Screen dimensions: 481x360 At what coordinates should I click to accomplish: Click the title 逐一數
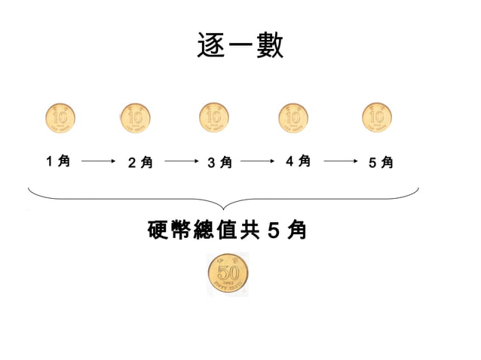click(x=240, y=46)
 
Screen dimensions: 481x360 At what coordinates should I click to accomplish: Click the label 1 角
click(x=58, y=160)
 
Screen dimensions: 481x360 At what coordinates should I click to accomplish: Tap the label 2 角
click(x=139, y=162)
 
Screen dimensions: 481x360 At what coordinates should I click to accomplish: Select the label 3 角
click(x=219, y=162)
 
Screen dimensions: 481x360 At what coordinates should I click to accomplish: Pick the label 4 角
click(x=299, y=160)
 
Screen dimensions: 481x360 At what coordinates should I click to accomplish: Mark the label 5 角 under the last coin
click(x=381, y=162)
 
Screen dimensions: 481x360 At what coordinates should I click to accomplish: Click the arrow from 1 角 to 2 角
click(x=97, y=161)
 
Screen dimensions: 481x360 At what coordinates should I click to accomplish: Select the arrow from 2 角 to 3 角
click(x=180, y=161)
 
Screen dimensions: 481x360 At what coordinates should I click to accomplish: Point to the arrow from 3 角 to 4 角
click(x=258, y=161)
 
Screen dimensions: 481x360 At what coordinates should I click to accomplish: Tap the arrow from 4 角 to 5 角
click(x=340, y=161)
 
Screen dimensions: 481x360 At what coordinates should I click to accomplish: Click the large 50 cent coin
click(x=228, y=274)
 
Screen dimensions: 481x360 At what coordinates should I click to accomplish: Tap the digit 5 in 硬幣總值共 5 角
click(x=273, y=230)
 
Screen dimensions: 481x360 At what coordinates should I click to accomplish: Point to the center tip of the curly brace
click(x=224, y=209)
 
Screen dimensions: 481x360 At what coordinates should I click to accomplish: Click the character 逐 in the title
click(x=210, y=46)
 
